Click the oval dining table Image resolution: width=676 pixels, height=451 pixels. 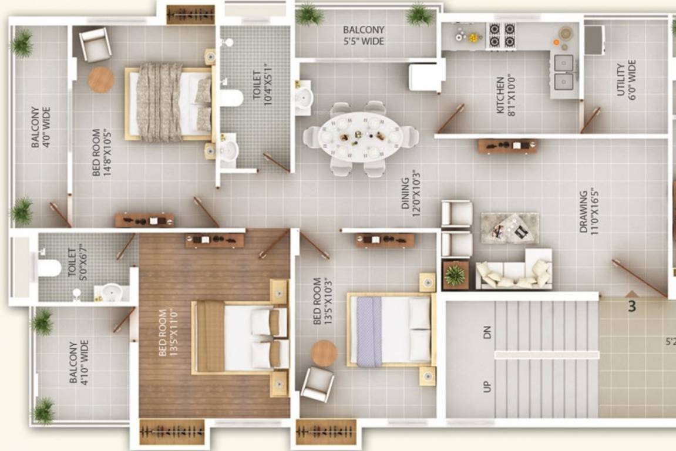pos(361,137)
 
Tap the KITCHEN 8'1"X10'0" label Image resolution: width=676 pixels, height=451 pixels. pos(505,95)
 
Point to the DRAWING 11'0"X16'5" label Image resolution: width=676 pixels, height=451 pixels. pos(588,211)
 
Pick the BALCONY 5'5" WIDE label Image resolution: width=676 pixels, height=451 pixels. pos(364,35)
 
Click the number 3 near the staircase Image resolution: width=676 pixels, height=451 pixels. pos(632,307)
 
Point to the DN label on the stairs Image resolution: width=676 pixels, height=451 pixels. pos(486,332)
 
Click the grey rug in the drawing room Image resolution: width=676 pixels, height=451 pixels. pos(510,228)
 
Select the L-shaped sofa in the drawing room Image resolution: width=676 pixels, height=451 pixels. pos(514,269)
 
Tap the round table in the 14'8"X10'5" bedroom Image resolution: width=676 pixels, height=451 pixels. pos(101,79)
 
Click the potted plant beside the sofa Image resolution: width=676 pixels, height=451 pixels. pos(455,275)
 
